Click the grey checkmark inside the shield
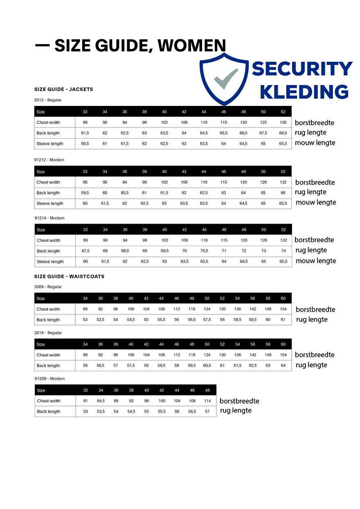(226, 79)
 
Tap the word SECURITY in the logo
(302, 69)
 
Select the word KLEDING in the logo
(304, 92)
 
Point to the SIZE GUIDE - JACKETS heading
(64, 89)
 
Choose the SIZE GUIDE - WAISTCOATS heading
(69, 276)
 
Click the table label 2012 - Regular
(48, 100)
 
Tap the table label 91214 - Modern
(49, 218)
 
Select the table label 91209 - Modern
(49, 379)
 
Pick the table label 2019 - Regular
(48, 333)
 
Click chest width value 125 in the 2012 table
(263, 123)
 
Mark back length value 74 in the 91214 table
(283, 251)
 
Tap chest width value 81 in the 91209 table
(85, 401)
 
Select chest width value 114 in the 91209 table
(207, 401)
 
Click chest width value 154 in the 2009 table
(283, 309)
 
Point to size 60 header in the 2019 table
(283, 344)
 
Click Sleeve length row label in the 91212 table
(50, 204)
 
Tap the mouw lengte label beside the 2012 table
(315, 143)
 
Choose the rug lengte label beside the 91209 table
(236, 410)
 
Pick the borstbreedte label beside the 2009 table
(315, 309)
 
